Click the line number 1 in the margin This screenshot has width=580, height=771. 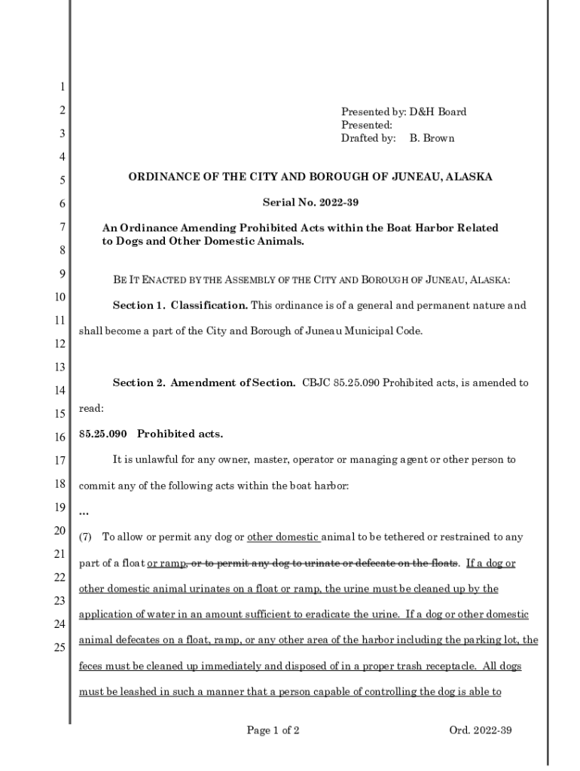pyautogui.click(x=61, y=87)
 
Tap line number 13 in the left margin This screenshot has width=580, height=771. pyautogui.click(x=59, y=367)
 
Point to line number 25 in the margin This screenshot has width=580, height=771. pyautogui.click(x=59, y=648)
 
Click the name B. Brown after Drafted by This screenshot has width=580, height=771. pyautogui.click(x=432, y=139)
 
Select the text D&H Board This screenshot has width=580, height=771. pyautogui.click(x=438, y=112)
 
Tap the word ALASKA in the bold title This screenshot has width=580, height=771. pyautogui.click(x=469, y=177)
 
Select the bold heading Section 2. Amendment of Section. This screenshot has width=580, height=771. pyautogui.click(x=204, y=382)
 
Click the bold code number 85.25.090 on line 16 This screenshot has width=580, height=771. pyautogui.click(x=102, y=434)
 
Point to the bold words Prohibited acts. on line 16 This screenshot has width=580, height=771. pyautogui.click(x=180, y=434)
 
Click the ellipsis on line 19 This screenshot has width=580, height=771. pyautogui.click(x=84, y=513)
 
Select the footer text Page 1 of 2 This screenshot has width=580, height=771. pyautogui.click(x=273, y=730)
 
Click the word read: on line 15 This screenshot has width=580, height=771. pyautogui.click(x=91, y=408)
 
